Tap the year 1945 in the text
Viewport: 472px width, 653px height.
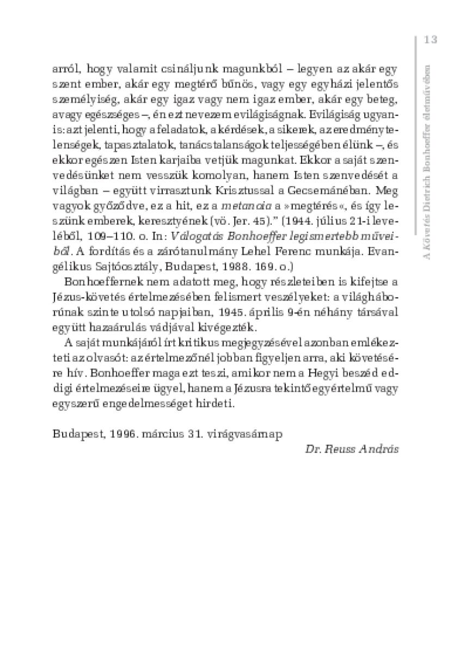click(x=228, y=314)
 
